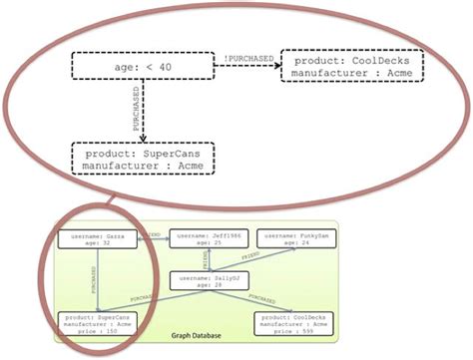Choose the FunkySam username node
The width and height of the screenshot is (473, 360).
(x=296, y=238)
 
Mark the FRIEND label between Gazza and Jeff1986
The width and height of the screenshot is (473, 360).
(x=153, y=234)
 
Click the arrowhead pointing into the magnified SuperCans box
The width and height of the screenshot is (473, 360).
(x=144, y=138)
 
